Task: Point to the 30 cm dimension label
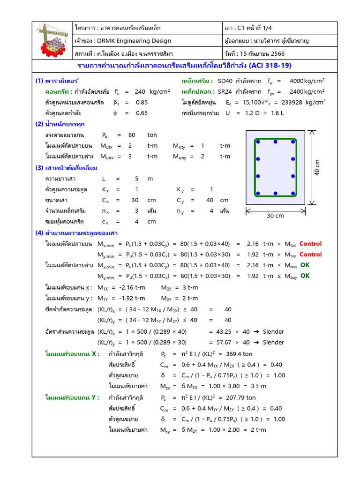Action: click(x=276, y=216)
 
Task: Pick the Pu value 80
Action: click(x=132, y=135)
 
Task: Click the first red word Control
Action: click(x=310, y=243)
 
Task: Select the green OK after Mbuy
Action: click(x=305, y=276)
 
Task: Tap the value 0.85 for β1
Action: click(x=142, y=102)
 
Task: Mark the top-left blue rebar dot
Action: click(x=257, y=141)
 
